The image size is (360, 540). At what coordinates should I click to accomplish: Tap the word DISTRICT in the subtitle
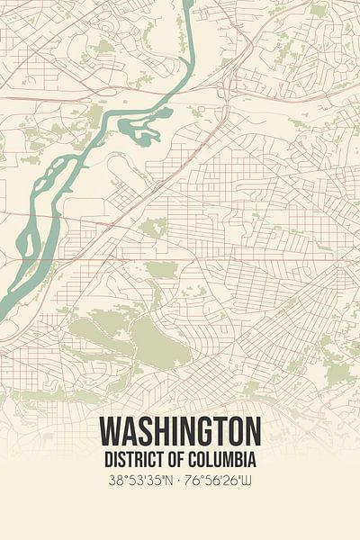click(130, 459)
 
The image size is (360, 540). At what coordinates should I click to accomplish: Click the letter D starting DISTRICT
click(105, 459)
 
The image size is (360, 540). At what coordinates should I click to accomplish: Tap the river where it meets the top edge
click(187, 4)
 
